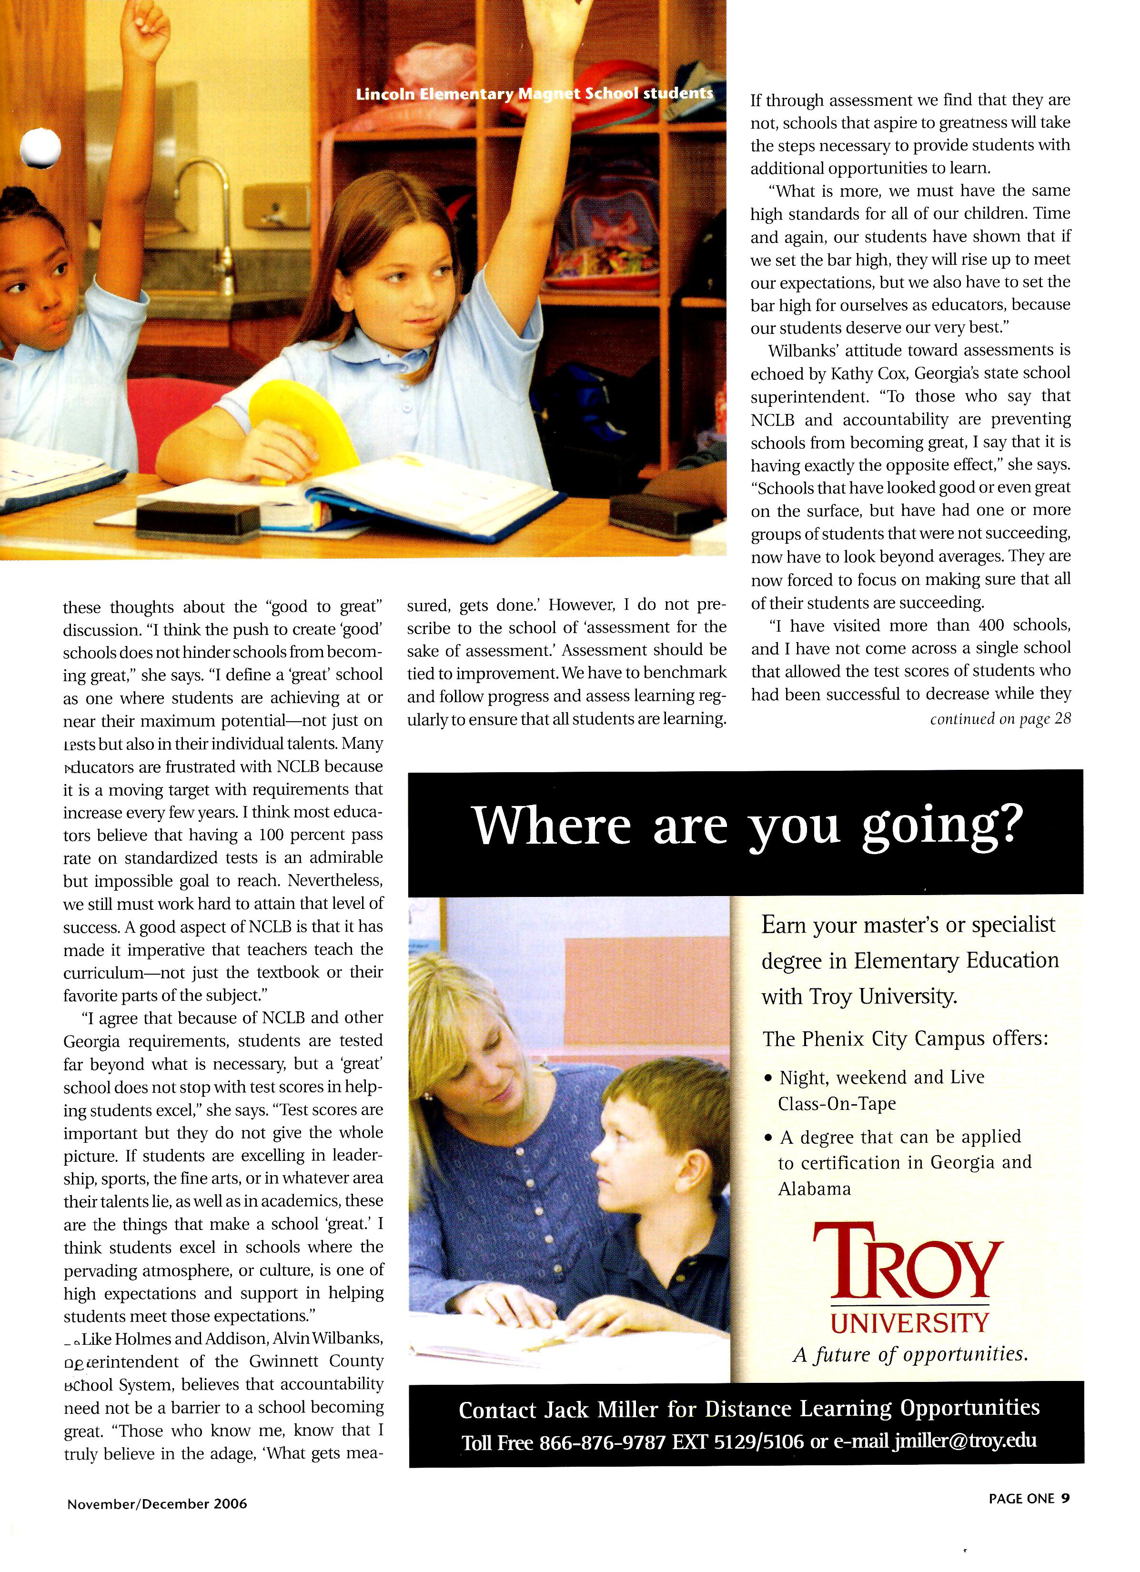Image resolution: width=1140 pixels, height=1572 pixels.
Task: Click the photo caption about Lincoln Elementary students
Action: (534, 93)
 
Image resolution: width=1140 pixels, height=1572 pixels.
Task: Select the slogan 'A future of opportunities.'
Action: (910, 1354)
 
